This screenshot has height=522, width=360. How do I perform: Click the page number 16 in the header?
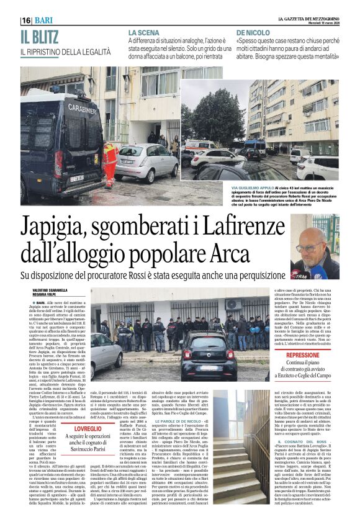tap(26, 20)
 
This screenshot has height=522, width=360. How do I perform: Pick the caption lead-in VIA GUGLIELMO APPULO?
tap(253, 187)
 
